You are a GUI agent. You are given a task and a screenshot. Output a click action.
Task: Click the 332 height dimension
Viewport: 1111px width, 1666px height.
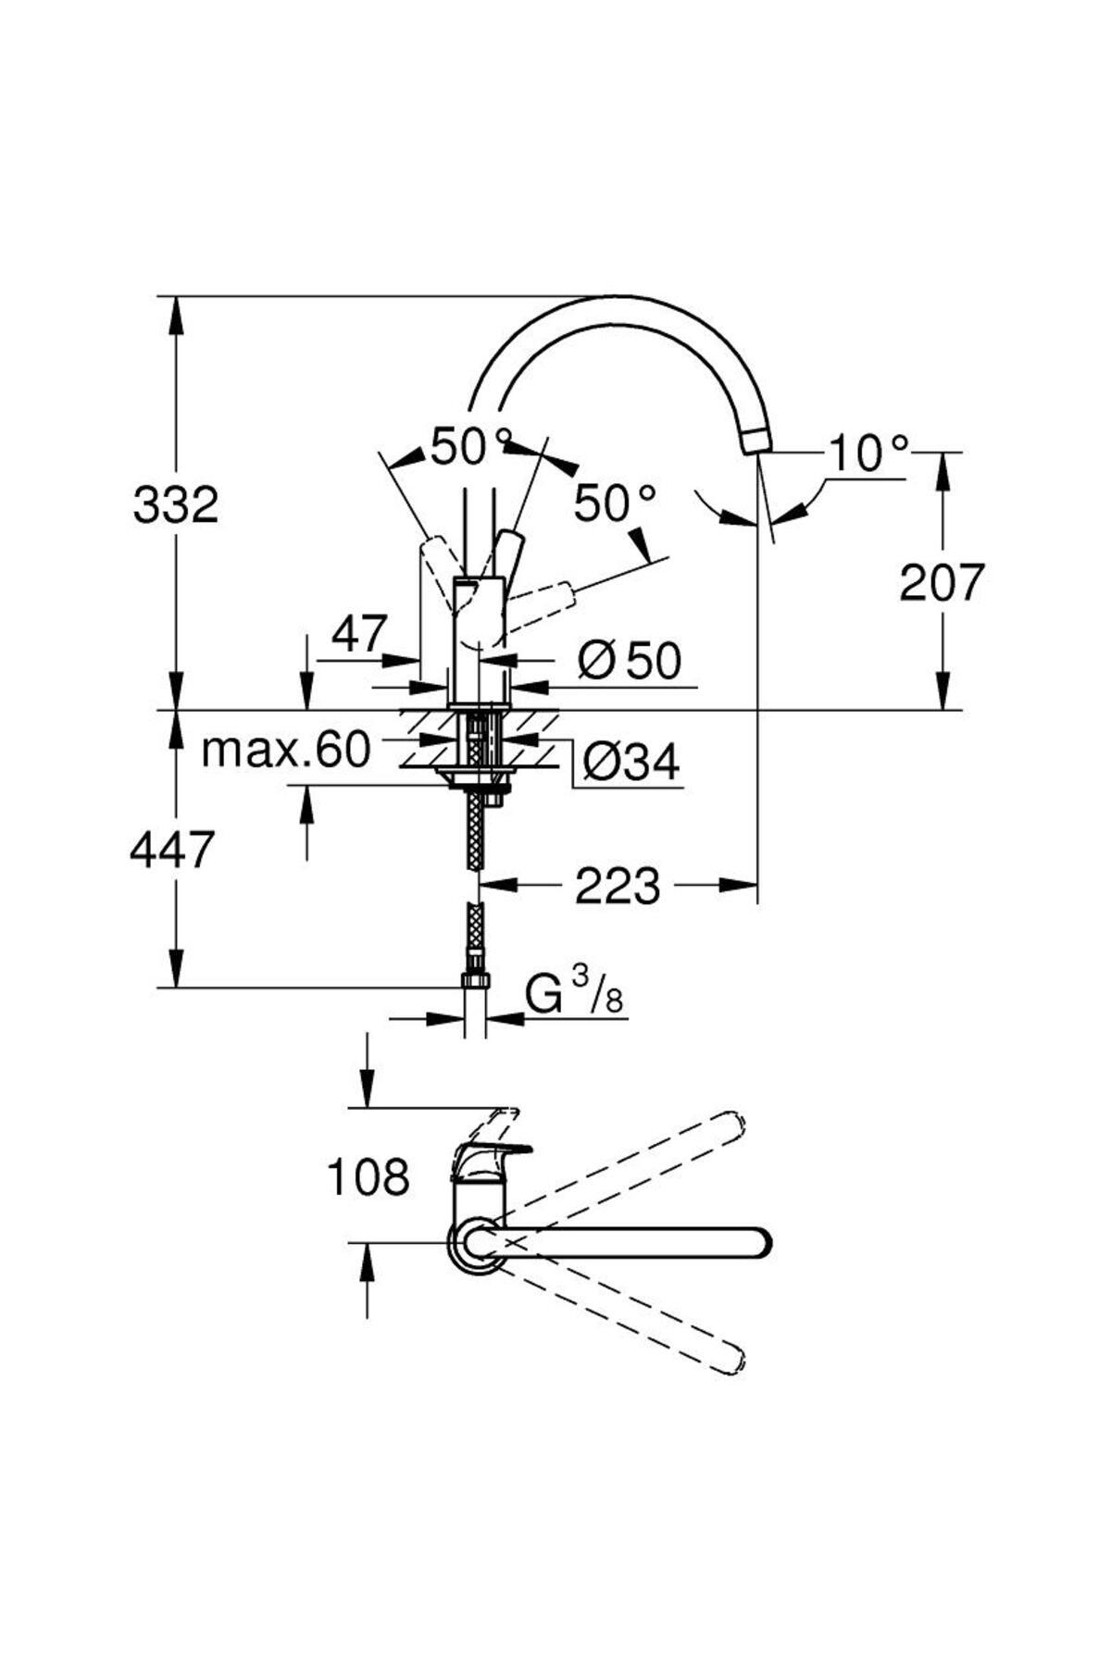tap(176, 505)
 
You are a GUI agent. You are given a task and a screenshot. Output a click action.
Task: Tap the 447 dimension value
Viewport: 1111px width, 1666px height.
tap(172, 850)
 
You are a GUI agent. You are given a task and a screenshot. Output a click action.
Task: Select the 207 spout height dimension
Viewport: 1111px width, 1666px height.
tap(942, 583)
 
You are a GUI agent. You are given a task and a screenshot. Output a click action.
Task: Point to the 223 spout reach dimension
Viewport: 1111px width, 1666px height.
tap(618, 887)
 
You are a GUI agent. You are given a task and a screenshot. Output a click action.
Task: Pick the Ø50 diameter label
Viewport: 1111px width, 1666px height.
tap(630, 660)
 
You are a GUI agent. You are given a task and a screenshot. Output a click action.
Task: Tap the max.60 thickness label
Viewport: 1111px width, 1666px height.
tap(285, 750)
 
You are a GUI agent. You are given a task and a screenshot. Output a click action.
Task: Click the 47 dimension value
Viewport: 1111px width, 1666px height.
tap(358, 635)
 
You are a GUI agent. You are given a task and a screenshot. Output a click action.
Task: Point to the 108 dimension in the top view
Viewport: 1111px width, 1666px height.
tap(368, 1177)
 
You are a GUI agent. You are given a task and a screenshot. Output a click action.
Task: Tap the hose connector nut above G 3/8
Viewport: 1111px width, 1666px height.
tap(474, 980)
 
